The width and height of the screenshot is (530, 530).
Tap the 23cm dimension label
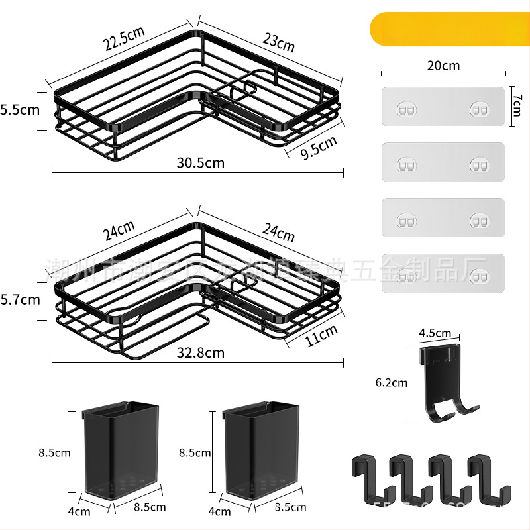point(278,43)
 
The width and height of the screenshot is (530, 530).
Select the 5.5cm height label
point(20,110)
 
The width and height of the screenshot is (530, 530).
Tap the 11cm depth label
point(322,336)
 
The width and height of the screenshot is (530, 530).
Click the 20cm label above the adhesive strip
point(443,66)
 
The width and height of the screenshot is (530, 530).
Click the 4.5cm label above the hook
point(435,333)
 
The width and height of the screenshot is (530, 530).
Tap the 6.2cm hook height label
point(391,382)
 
